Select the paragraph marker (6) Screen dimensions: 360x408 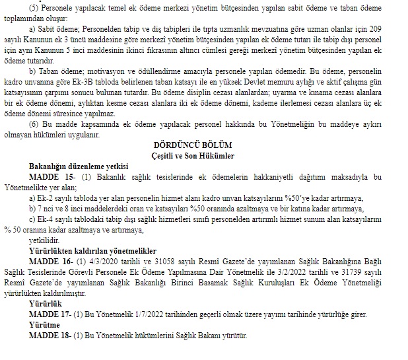35,124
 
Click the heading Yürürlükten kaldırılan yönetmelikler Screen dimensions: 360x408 93,252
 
